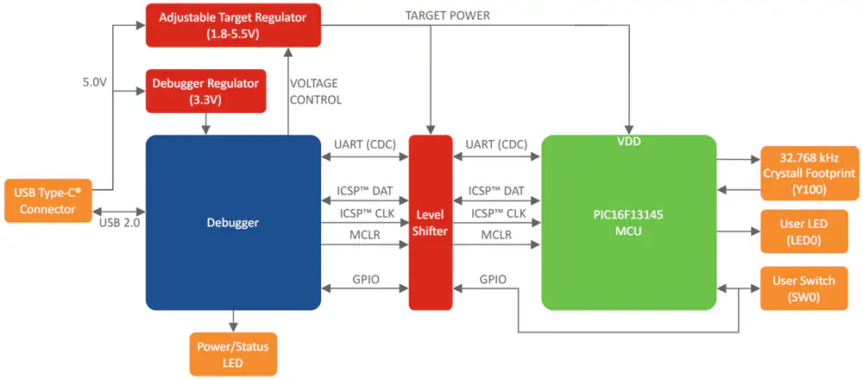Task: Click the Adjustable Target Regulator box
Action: [x=233, y=25]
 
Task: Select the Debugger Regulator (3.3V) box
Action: [x=205, y=91]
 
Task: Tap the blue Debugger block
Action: [x=233, y=223]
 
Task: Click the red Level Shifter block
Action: [x=431, y=223]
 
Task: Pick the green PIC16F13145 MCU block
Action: [x=629, y=223]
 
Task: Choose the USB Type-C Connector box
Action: [x=47, y=200]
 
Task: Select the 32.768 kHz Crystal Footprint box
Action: [x=809, y=173]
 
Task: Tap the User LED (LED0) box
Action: [x=803, y=231]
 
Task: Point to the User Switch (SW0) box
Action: [x=803, y=288]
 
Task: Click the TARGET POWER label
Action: [x=447, y=16]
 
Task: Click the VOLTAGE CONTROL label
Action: [x=315, y=92]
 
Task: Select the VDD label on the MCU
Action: [x=629, y=142]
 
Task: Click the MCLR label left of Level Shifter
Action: [x=365, y=235]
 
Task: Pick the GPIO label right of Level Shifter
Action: [x=493, y=279]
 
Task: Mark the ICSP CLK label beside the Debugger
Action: [x=365, y=213]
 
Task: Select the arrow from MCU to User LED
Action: [x=738, y=231]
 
